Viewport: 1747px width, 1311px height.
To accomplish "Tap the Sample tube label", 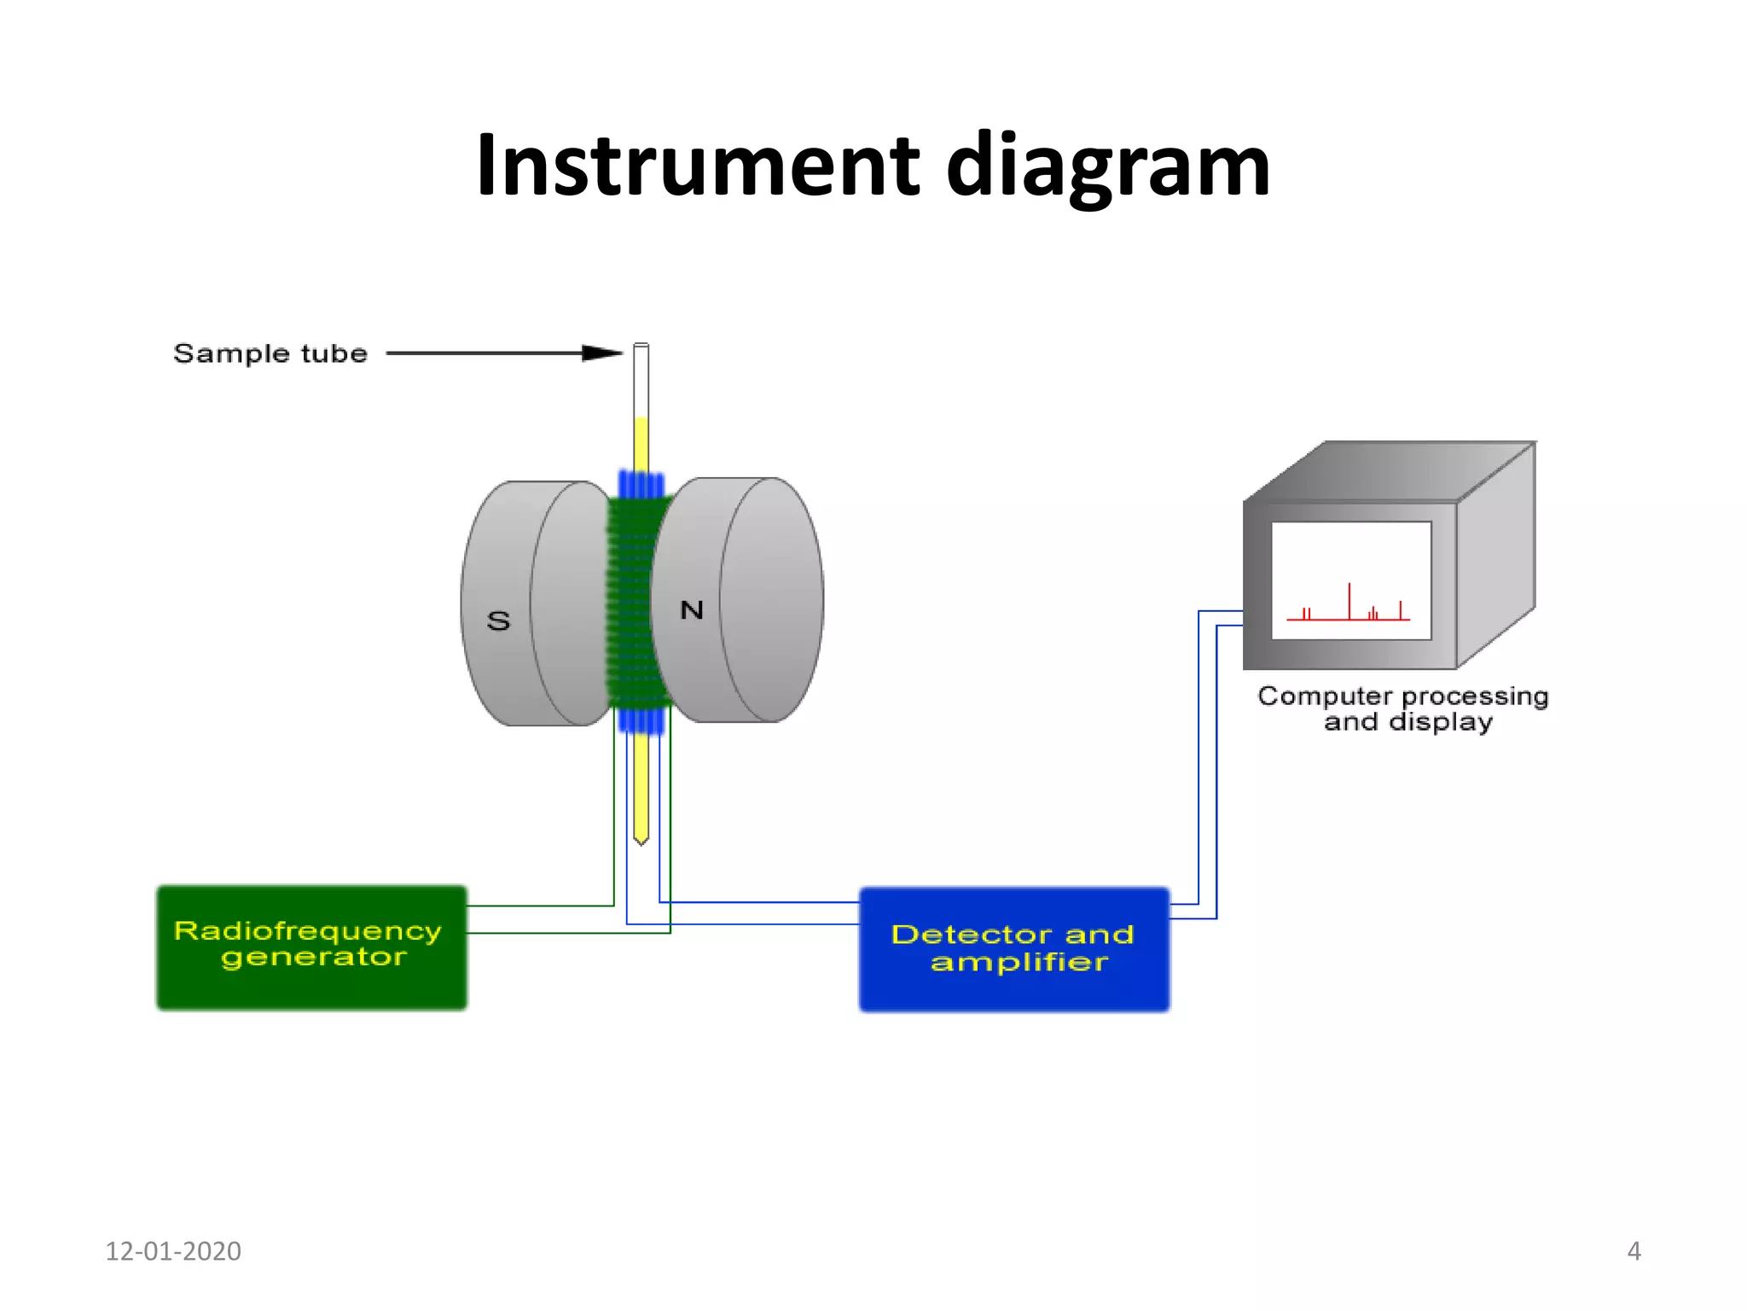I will (270, 353).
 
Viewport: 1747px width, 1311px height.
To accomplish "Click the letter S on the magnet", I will (499, 621).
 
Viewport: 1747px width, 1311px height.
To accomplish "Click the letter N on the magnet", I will (692, 609).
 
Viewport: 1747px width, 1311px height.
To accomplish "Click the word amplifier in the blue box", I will (1019, 963).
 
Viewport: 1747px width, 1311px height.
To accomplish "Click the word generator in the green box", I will (313, 958).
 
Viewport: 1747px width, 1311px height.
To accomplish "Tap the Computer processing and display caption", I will (1403, 708).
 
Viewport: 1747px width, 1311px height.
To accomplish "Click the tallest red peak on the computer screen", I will (1349, 597).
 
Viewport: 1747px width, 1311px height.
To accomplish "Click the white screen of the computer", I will (1350, 563).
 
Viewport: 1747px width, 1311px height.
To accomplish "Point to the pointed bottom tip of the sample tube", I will (641, 841).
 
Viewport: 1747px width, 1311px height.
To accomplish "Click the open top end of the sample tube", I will (641, 347).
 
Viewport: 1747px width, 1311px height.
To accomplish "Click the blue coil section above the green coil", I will (641, 484).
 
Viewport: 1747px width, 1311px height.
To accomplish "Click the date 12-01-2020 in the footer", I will (173, 1250).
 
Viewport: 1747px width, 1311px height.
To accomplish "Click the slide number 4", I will (1634, 1250).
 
